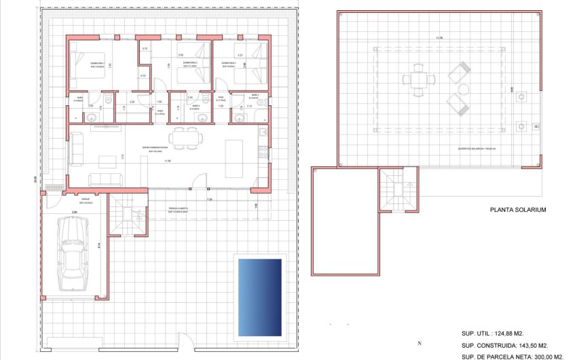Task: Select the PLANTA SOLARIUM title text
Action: (518, 211)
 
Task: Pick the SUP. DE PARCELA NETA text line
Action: (513, 357)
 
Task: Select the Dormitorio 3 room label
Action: (231, 62)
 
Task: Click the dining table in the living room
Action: (187, 139)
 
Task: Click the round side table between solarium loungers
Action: (463, 89)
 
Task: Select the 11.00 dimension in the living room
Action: (168, 161)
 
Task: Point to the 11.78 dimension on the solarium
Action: (441, 38)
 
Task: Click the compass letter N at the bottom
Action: (420, 343)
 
